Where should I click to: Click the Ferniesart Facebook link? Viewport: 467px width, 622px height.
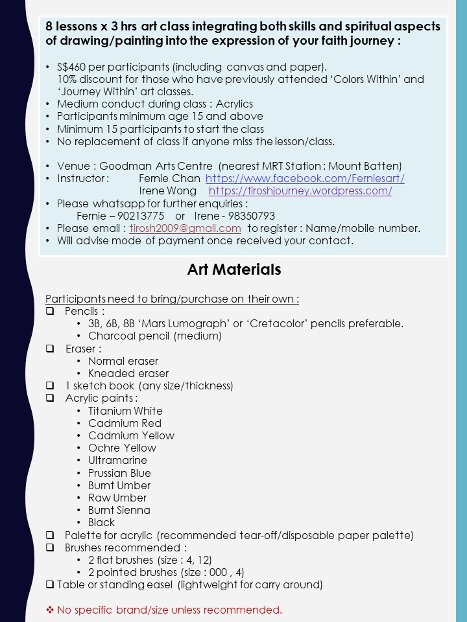click(305, 178)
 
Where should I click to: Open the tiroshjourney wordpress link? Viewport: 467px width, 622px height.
click(300, 190)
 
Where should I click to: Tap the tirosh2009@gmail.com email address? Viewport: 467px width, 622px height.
click(186, 228)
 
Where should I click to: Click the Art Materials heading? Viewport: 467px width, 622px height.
click(234, 270)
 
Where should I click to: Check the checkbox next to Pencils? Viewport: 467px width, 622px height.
click(50, 311)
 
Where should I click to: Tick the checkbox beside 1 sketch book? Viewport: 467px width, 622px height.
click(50, 386)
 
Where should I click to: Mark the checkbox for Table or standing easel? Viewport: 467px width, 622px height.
click(50, 585)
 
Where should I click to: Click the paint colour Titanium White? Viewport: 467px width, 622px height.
click(125, 411)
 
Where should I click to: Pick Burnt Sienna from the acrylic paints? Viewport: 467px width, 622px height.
click(119, 510)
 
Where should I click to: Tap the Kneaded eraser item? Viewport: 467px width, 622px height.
click(128, 373)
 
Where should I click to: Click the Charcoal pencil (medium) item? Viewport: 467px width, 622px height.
click(155, 336)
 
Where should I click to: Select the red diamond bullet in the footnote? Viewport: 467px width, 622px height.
click(49, 610)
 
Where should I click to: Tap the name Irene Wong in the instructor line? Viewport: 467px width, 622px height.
click(168, 190)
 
